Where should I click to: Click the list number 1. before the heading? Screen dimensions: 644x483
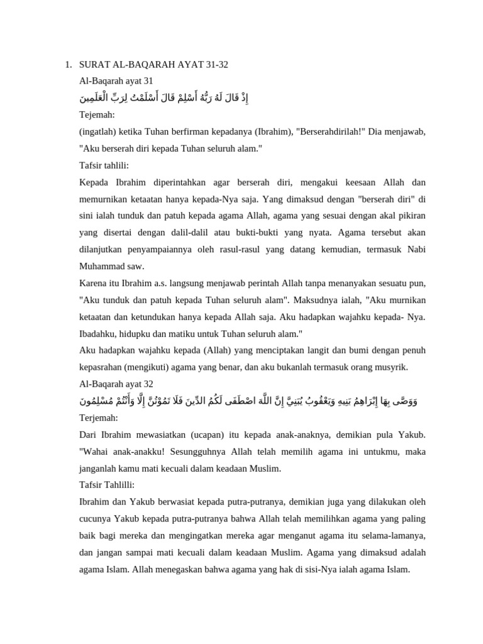click(x=68, y=64)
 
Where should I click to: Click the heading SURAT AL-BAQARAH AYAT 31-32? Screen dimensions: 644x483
click(x=153, y=64)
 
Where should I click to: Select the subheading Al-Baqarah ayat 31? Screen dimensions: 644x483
click(x=116, y=81)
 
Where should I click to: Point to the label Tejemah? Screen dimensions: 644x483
click(x=97, y=114)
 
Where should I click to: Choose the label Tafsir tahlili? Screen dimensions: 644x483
click(x=104, y=165)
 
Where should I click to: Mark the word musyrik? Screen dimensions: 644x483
click(x=390, y=367)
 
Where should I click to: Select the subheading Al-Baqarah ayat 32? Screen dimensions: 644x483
click(x=116, y=384)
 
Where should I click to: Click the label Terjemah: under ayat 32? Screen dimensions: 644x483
click(x=99, y=418)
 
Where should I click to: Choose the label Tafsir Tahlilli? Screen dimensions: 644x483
click(x=107, y=485)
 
